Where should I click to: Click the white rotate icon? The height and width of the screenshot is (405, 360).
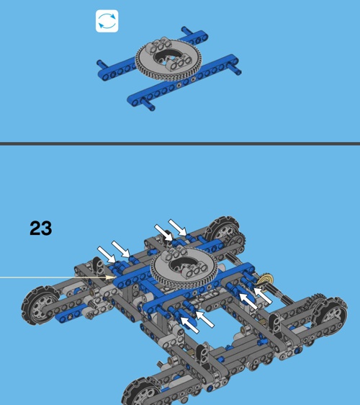pyautogui.click(x=107, y=21)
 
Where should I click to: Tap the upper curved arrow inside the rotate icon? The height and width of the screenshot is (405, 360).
pyautogui.click(x=107, y=17)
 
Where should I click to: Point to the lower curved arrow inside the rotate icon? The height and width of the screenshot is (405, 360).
pyautogui.click(x=107, y=26)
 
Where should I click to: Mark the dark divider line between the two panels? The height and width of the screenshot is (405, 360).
pyautogui.click(x=180, y=143)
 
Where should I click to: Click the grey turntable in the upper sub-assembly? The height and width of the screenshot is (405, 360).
pyautogui.click(x=168, y=59)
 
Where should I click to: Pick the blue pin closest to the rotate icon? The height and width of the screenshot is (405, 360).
pyautogui.click(x=102, y=64)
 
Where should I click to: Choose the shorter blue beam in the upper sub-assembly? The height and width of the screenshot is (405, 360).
pyautogui.click(x=152, y=55)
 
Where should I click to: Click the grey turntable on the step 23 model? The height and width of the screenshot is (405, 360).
pyautogui.click(x=184, y=268)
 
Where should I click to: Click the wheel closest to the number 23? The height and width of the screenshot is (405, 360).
pyautogui.click(x=40, y=306)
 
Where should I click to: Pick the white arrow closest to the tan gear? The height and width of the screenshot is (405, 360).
pyautogui.click(x=264, y=295)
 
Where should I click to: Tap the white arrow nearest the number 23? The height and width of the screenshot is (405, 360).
pyautogui.click(x=107, y=254)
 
